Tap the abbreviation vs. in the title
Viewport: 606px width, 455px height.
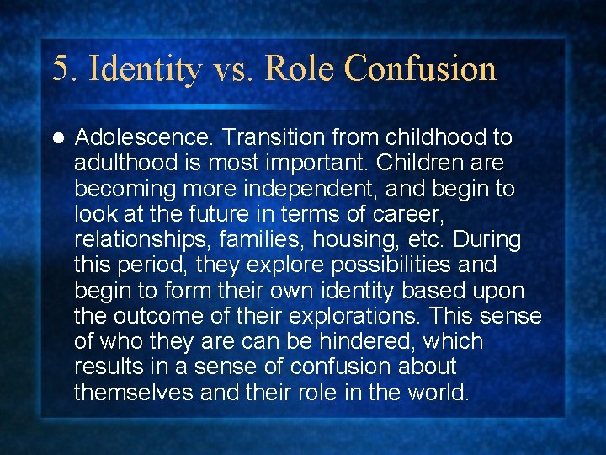click(x=228, y=68)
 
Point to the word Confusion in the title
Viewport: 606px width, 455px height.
click(x=420, y=68)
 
